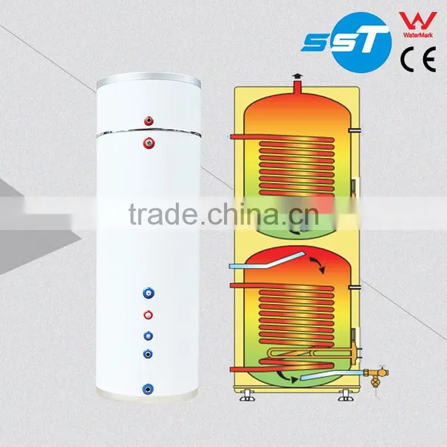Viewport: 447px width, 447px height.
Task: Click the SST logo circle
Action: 361,42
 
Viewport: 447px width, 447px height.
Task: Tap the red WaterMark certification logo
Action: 418,25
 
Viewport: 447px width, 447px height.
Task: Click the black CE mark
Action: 418,59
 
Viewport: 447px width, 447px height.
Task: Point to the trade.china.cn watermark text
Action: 223,214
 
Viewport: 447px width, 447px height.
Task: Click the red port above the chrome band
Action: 149,121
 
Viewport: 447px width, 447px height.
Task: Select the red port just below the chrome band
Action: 149,143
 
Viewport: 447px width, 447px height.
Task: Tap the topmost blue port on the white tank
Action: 148,293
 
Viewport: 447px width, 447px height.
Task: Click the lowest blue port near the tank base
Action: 148,389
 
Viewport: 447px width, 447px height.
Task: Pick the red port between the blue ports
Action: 148,315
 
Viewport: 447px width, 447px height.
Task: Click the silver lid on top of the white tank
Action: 149,80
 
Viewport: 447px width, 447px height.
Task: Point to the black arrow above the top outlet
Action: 297,77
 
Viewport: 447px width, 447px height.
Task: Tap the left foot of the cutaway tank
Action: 247,396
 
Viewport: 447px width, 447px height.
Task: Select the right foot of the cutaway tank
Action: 346,396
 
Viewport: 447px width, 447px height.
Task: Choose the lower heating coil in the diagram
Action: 297,316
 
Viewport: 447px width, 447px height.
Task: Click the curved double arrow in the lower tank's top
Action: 317,264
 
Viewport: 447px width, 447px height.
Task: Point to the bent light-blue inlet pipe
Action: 267,260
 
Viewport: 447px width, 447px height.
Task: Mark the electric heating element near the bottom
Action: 314,352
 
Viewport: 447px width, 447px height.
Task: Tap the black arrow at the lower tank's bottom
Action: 288,376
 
